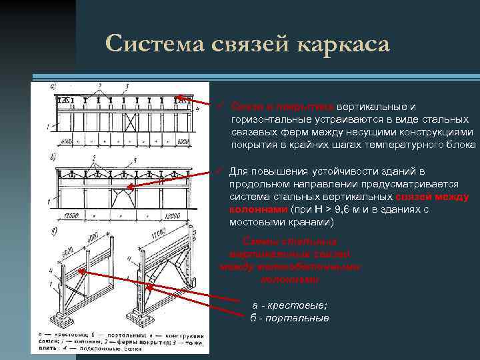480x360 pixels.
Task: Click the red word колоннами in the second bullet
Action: tap(253, 209)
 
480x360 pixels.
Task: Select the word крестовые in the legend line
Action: tap(297, 305)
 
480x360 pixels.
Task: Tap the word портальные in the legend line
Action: tap(297, 318)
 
